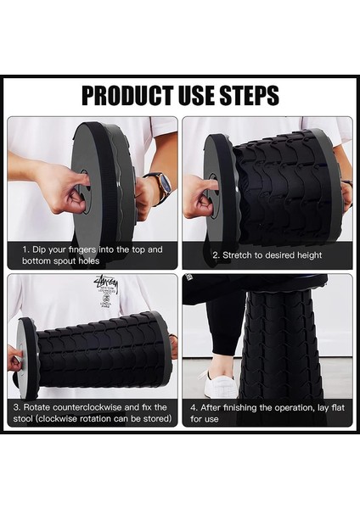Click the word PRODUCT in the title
point(128,95)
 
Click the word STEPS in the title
point(250,95)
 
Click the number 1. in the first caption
point(26,249)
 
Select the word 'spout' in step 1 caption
point(66,261)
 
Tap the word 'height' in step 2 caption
point(309,255)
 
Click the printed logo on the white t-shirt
point(105,291)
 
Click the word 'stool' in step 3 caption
point(24,418)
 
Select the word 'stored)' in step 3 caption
point(158,419)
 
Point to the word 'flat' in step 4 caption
point(337,407)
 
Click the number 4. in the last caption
point(194,407)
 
